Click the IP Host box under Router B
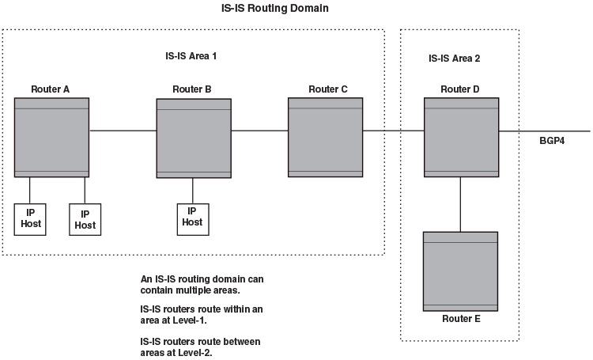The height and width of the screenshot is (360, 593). point(192,217)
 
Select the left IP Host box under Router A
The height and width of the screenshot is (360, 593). point(31,218)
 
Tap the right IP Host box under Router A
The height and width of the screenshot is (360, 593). point(85,219)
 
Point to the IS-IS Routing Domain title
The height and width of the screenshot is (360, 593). point(274,8)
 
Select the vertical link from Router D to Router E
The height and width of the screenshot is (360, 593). point(461,204)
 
